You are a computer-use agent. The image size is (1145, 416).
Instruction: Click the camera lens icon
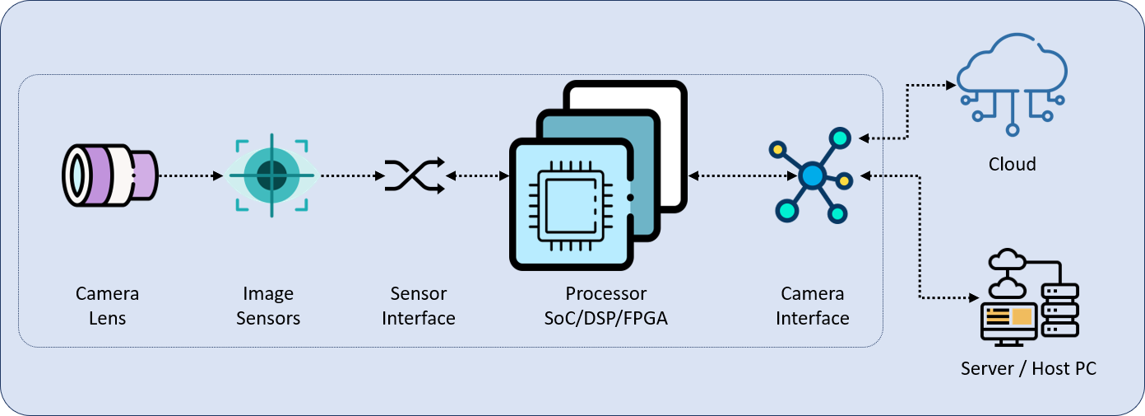pyautogui.click(x=109, y=175)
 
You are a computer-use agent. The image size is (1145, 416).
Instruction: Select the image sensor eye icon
pyautogui.click(x=271, y=175)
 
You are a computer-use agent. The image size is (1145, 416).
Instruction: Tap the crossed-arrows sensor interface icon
pyautogui.click(x=415, y=175)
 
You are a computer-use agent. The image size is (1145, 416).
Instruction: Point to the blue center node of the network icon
pyautogui.click(x=812, y=175)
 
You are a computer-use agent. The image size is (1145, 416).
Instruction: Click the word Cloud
pyautogui.click(x=1013, y=164)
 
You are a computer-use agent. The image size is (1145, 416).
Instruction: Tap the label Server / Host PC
pyautogui.click(x=1028, y=368)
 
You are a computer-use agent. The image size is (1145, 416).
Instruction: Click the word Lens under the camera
pyautogui.click(x=108, y=318)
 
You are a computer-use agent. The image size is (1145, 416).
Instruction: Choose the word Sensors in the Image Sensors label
pyautogui.click(x=268, y=318)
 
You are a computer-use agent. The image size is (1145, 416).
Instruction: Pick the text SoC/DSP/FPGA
pyautogui.click(x=606, y=318)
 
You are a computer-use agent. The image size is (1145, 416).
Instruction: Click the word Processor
pyautogui.click(x=606, y=294)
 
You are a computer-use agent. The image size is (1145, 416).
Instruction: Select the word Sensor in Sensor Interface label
pyautogui.click(x=419, y=294)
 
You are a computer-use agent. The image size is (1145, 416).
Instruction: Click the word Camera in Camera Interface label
pyautogui.click(x=813, y=294)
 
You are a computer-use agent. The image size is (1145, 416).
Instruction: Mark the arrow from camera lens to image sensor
pyautogui.click(x=190, y=175)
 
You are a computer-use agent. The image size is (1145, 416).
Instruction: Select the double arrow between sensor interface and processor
pyautogui.click(x=478, y=175)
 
